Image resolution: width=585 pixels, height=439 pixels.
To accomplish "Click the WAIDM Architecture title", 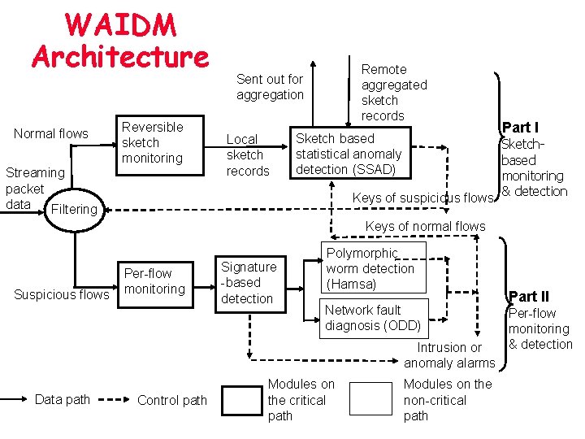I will click(x=120, y=41).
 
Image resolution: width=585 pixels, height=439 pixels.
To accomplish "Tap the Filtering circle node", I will click(x=73, y=209).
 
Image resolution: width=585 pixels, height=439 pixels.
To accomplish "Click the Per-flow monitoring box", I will click(x=154, y=281).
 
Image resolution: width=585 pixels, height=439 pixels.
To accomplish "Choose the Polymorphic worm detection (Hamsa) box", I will click(x=373, y=268).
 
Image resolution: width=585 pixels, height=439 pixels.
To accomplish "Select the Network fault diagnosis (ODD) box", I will click(x=373, y=317).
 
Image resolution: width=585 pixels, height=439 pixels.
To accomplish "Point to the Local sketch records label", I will click(x=247, y=155).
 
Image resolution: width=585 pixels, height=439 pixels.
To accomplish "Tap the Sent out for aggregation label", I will click(x=270, y=87).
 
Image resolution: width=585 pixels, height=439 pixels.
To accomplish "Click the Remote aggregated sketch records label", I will click(x=393, y=93).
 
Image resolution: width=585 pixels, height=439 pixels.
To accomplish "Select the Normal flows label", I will click(x=50, y=133).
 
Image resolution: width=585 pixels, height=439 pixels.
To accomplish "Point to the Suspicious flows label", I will click(x=61, y=294).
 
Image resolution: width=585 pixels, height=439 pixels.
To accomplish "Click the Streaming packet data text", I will click(x=35, y=188).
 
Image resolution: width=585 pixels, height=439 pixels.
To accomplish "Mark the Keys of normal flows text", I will click(x=425, y=226).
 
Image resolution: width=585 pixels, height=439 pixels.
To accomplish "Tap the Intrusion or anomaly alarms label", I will click(x=448, y=355).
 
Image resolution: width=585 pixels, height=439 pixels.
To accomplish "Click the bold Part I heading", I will click(x=520, y=127).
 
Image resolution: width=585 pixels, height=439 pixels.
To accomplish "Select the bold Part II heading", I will click(x=529, y=297).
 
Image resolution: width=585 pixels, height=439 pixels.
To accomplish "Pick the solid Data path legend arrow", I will click(x=15, y=400).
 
